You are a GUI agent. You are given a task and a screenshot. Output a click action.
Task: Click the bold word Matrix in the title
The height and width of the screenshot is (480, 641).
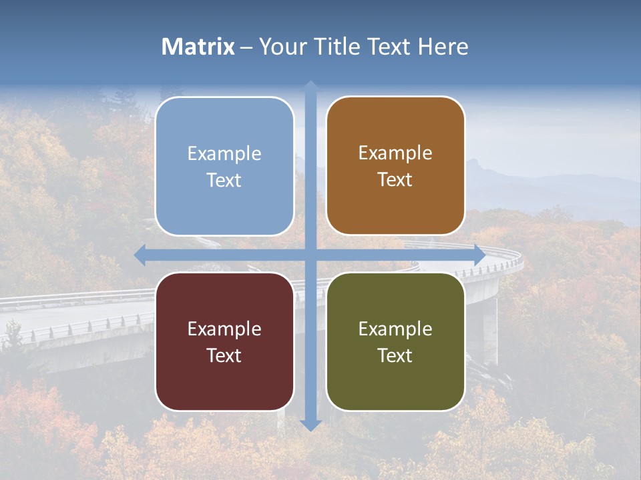(x=198, y=47)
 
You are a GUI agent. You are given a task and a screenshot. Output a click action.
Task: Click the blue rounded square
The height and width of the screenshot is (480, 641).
(x=224, y=166)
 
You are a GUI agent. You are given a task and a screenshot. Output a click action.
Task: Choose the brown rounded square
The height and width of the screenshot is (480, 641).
(x=395, y=165)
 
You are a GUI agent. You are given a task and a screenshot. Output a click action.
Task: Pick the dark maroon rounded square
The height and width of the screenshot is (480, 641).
(x=224, y=341)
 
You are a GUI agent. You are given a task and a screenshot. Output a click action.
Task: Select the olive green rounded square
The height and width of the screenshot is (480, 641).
(x=395, y=341)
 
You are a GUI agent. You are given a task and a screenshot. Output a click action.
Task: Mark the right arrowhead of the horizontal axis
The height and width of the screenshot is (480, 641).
(x=479, y=255)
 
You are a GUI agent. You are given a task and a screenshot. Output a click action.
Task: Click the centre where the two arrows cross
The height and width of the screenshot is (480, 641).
(x=310, y=255)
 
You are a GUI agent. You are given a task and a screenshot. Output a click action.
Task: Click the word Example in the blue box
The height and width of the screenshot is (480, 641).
(x=224, y=153)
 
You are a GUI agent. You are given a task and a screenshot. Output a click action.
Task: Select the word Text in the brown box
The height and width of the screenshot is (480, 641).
(x=395, y=179)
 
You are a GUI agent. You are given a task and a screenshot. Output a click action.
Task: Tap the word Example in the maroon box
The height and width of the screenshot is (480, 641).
(x=224, y=329)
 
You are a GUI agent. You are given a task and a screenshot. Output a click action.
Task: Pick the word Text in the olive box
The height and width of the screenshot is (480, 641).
(x=395, y=355)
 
